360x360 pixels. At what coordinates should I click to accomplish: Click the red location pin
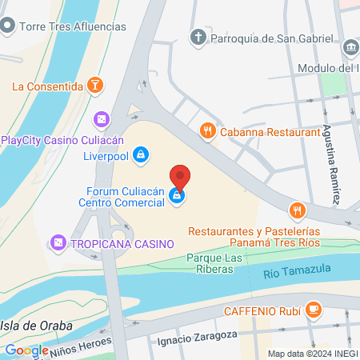180,176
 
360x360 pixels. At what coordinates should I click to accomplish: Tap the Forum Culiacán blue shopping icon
178,196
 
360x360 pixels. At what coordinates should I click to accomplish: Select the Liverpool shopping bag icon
141,154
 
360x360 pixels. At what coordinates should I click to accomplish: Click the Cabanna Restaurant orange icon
208,130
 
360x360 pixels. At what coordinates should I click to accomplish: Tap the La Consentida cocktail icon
95,86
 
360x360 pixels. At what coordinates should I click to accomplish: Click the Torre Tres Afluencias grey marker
8,26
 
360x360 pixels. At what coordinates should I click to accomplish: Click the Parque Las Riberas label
214,263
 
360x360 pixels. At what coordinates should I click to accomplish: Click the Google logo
26,350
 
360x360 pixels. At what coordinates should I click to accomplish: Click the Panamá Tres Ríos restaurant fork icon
298,211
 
